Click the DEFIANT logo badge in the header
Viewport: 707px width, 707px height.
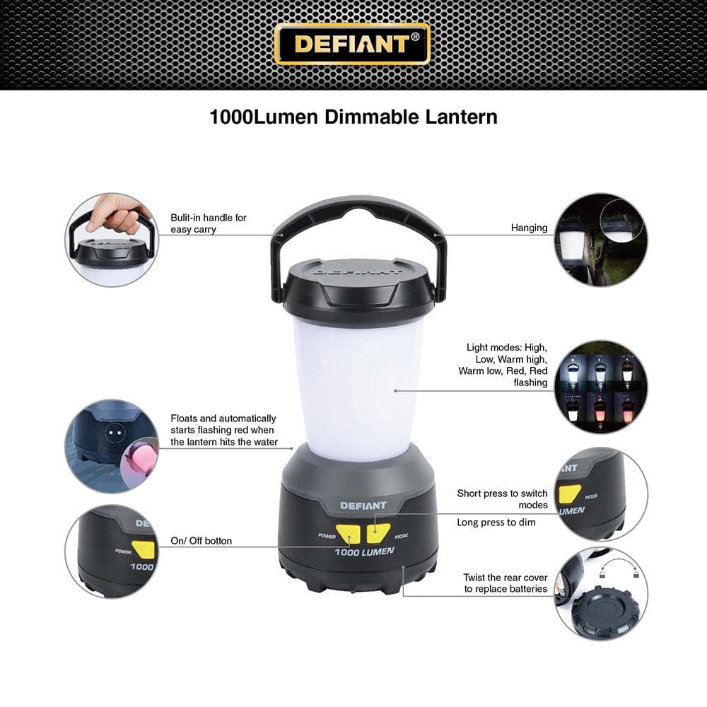pos(351,44)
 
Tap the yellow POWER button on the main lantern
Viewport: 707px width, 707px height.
pos(348,534)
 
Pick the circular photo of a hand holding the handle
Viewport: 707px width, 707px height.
pos(112,240)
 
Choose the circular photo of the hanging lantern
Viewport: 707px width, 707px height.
pos(600,240)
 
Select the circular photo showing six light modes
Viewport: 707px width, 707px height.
pos(600,387)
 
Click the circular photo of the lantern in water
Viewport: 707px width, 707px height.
pos(112,446)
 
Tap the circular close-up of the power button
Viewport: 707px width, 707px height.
pos(112,551)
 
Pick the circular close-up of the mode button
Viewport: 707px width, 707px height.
pos(600,494)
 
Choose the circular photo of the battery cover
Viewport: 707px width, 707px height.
pos(600,594)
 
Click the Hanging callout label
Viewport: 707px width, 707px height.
pos(529,228)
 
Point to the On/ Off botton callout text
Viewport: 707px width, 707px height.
pos(201,541)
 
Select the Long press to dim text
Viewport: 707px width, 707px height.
pos(496,522)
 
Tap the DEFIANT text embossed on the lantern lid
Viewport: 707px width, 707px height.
pos(358,269)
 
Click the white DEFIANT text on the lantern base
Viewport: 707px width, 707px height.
pos(363,506)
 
